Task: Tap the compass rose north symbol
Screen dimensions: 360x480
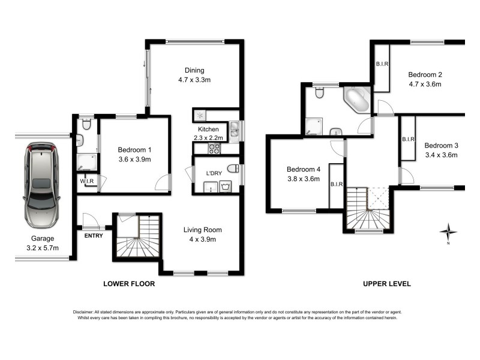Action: [x=448, y=231]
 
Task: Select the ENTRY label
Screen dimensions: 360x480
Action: [x=94, y=236]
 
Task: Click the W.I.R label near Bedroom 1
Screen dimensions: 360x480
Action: [x=86, y=180]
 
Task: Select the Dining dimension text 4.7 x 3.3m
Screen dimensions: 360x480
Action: [x=194, y=80]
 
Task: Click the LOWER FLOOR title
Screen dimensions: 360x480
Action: [x=129, y=284]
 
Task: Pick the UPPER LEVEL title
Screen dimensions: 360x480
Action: [x=387, y=284]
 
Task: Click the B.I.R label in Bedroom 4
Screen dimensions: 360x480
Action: [x=336, y=184]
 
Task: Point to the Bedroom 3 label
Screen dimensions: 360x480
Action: [x=441, y=146]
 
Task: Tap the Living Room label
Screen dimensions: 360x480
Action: [x=202, y=230]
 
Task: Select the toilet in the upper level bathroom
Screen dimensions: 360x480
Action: [x=320, y=93]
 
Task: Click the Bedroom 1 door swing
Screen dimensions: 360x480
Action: [x=163, y=182]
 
